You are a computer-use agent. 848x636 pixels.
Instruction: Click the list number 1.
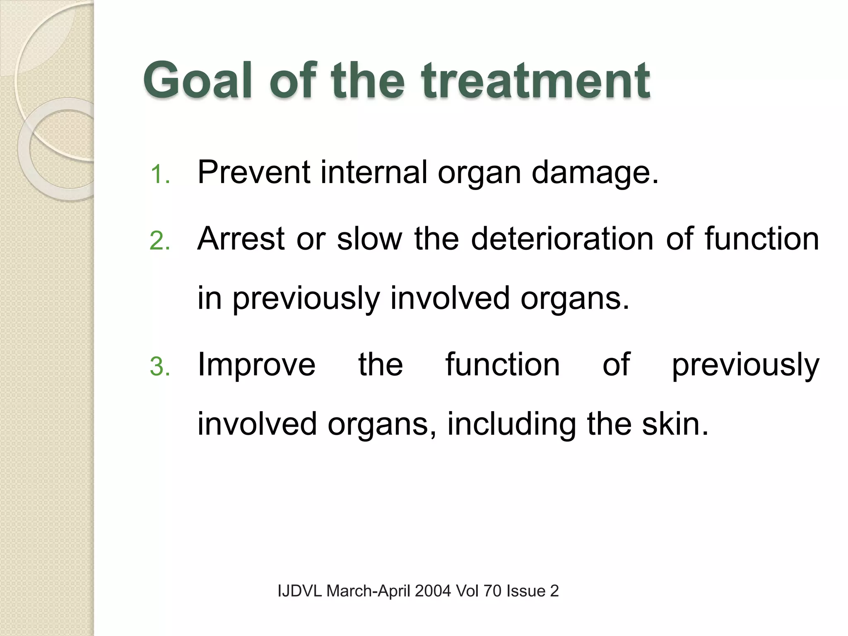tap(160, 174)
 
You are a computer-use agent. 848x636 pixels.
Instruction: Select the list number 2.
tap(160, 241)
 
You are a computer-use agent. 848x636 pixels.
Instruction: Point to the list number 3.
tap(160, 367)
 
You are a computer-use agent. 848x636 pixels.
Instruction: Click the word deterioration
tap(562, 239)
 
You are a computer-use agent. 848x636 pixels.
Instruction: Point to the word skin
tap(675, 424)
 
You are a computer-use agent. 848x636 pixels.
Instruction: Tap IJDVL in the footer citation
tap(300, 591)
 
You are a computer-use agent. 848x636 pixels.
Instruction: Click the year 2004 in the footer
tap(433, 591)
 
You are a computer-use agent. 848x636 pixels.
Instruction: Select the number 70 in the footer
tap(492, 591)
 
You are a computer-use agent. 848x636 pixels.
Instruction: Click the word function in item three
tap(502, 364)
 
